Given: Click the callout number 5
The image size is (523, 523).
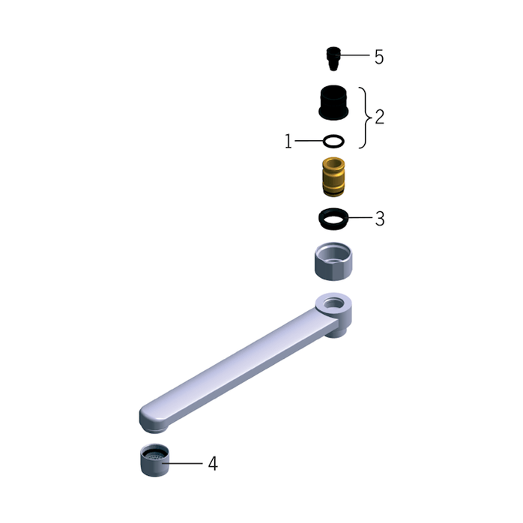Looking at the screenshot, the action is click(x=379, y=57).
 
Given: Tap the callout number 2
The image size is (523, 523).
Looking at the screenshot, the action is click(x=380, y=117).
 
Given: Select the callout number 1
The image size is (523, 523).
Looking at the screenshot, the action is click(x=288, y=141).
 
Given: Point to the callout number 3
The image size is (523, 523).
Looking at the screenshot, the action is click(x=380, y=219).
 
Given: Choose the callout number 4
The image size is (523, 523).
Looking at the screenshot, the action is click(x=213, y=464).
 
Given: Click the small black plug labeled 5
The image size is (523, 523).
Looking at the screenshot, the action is click(x=333, y=58).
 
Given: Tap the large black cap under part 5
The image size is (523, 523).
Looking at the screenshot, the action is click(x=333, y=103).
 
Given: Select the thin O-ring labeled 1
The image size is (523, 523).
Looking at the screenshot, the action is click(x=333, y=142).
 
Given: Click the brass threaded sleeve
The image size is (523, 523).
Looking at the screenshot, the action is click(x=333, y=177).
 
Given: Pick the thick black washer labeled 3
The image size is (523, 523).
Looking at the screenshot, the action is click(x=333, y=219).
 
